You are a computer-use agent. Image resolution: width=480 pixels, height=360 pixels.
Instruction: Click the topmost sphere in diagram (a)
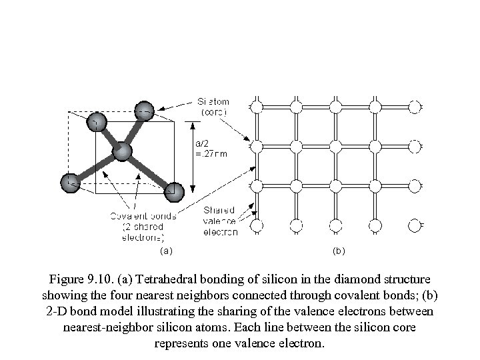point(144,110)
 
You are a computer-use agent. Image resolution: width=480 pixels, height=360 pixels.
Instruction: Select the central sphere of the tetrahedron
point(122,152)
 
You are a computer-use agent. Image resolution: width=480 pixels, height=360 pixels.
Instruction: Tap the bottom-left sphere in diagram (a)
point(71,181)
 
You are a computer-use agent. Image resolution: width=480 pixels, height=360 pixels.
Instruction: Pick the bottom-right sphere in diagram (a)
point(174,191)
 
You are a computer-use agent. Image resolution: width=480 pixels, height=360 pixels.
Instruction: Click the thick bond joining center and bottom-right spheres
point(148,171)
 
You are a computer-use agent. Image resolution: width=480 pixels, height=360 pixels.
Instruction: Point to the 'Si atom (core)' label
point(212,107)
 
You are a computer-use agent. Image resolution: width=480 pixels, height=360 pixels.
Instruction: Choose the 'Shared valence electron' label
point(219,221)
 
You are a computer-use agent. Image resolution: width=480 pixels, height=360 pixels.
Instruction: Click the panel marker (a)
point(166,251)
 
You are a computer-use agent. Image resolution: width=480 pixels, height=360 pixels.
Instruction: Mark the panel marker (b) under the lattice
point(339,251)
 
